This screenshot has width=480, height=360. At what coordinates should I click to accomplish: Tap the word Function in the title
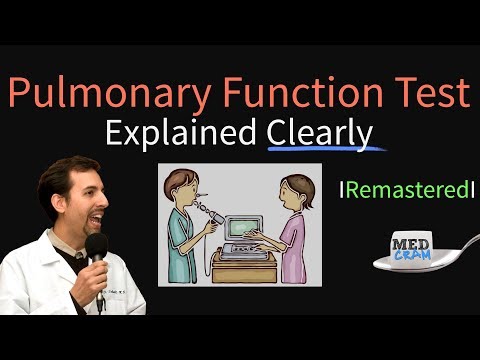point(289,95)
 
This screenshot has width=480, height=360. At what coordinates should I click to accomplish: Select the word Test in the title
point(426,95)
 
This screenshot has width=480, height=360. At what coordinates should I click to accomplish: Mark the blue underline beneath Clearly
point(325,151)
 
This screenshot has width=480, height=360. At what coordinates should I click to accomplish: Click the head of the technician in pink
point(298,190)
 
